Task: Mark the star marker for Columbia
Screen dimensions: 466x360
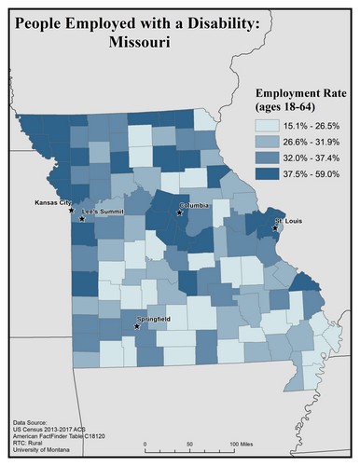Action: coord(180,212)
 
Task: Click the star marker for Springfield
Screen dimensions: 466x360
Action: coord(137,326)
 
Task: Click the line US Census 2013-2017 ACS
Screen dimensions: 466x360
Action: coord(50,433)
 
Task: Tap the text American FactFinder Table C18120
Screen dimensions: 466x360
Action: coord(61,440)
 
